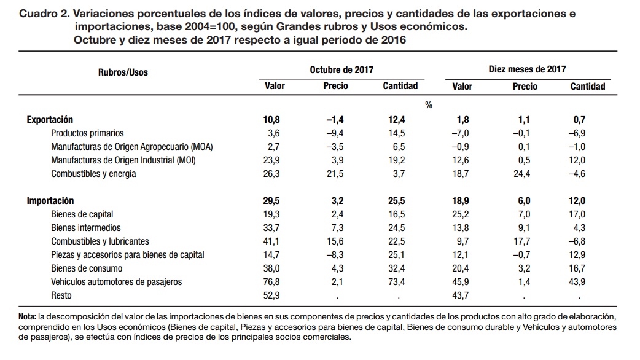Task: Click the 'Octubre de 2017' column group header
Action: click(341, 70)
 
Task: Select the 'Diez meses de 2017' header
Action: click(527, 70)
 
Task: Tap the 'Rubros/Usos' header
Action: click(123, 72)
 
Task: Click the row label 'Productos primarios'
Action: click(87, 133)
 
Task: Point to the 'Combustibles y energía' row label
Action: click(93, 174)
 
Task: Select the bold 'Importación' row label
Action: click(50, 201)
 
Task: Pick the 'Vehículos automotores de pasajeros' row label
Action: click(117, 282)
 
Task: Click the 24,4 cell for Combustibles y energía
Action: click(523, 174)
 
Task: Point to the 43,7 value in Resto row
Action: click(461, 295)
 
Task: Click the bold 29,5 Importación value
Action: click(271, 201)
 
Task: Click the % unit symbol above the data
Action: click(429, 105)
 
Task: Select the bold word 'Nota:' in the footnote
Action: click(28, 316)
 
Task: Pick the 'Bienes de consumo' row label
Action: click(87, 268)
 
